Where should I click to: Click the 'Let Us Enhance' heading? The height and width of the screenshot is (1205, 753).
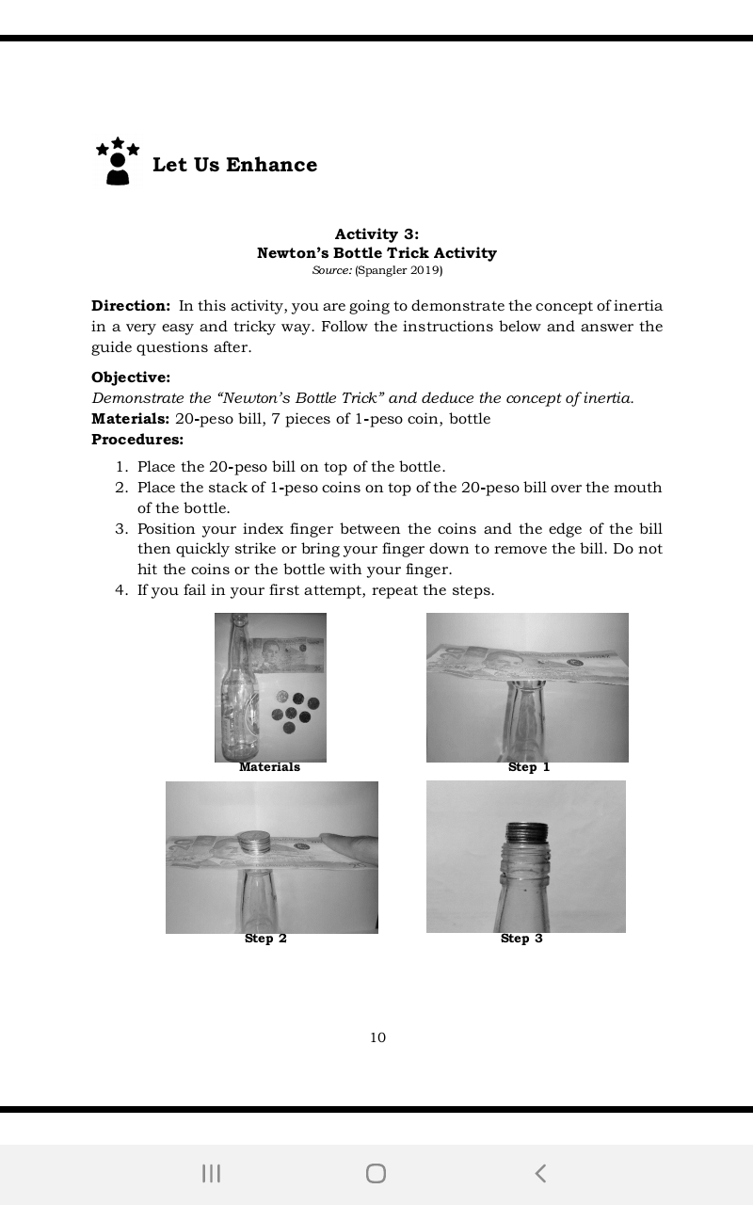click(x=234, y=165)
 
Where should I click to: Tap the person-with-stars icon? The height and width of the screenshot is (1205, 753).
click(x=118, y=161)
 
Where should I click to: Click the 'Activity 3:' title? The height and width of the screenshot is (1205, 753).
click(x=376, y=233)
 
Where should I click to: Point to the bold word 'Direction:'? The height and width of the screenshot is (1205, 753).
click(x=131, y=306)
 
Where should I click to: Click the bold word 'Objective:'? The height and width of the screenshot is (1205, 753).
click(x=131, y=378)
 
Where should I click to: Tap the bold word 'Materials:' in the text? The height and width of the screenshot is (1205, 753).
click(x=130, y=418)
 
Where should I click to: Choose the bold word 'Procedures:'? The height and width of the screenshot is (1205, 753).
click(x=137, y=439)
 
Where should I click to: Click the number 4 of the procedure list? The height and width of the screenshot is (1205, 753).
click(x=121, y=590)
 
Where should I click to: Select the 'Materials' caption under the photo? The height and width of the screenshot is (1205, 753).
click(x=269, y=767)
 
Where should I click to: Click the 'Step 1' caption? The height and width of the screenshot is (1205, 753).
click(x=528, y=767)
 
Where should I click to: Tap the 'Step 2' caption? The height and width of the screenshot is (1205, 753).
click(x=265, y=939)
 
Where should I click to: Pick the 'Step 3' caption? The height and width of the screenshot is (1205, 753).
click(x=521, y=939)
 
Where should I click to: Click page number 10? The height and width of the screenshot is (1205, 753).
click(x=377, y=1037)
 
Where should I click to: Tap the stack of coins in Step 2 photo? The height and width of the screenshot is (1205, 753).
click(x=253, y=842)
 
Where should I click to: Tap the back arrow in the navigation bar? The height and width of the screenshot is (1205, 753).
click(x=540, y=1173)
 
